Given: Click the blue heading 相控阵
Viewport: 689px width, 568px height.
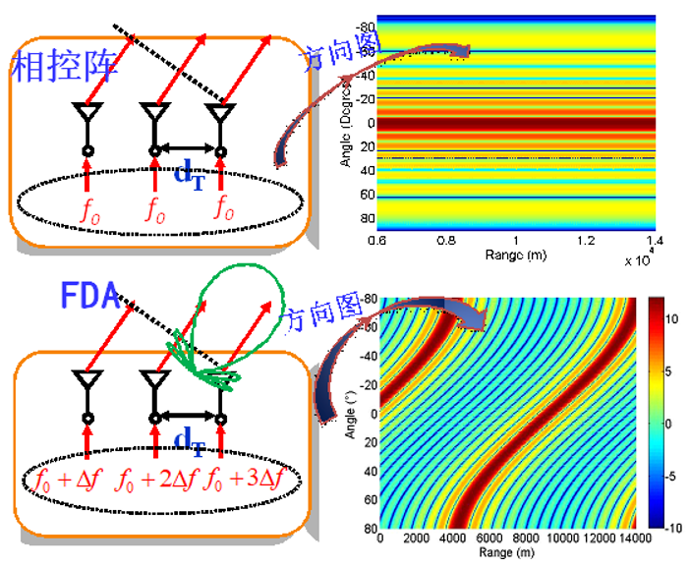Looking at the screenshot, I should pyautogui.click(x=65, y=65).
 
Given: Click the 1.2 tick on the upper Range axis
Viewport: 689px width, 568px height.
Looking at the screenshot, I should pyautogui.click(x=586, y=240).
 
